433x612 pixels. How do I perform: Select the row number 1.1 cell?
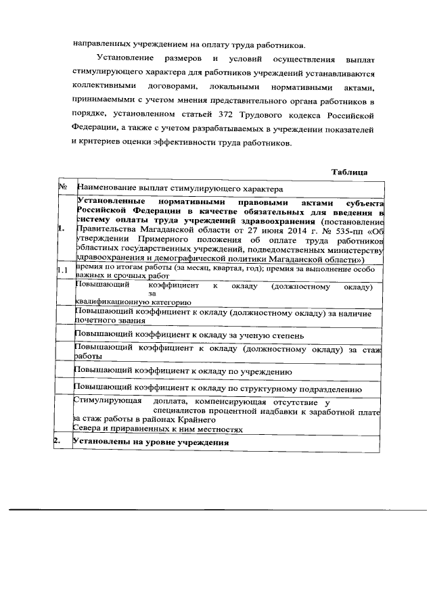[x=63, y=271]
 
